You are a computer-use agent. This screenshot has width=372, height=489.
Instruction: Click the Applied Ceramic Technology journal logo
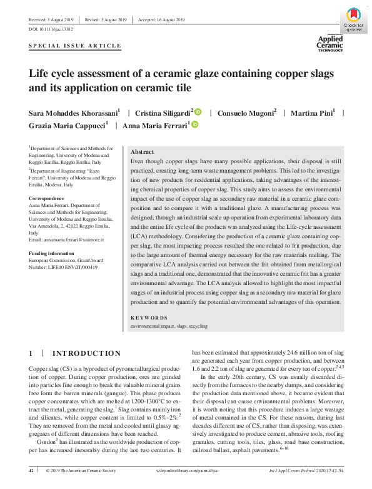click(331, 43)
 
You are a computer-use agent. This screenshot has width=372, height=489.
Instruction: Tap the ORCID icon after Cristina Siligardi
click(199, 112)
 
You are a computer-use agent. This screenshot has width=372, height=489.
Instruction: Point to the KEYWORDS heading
click(149, 318)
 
